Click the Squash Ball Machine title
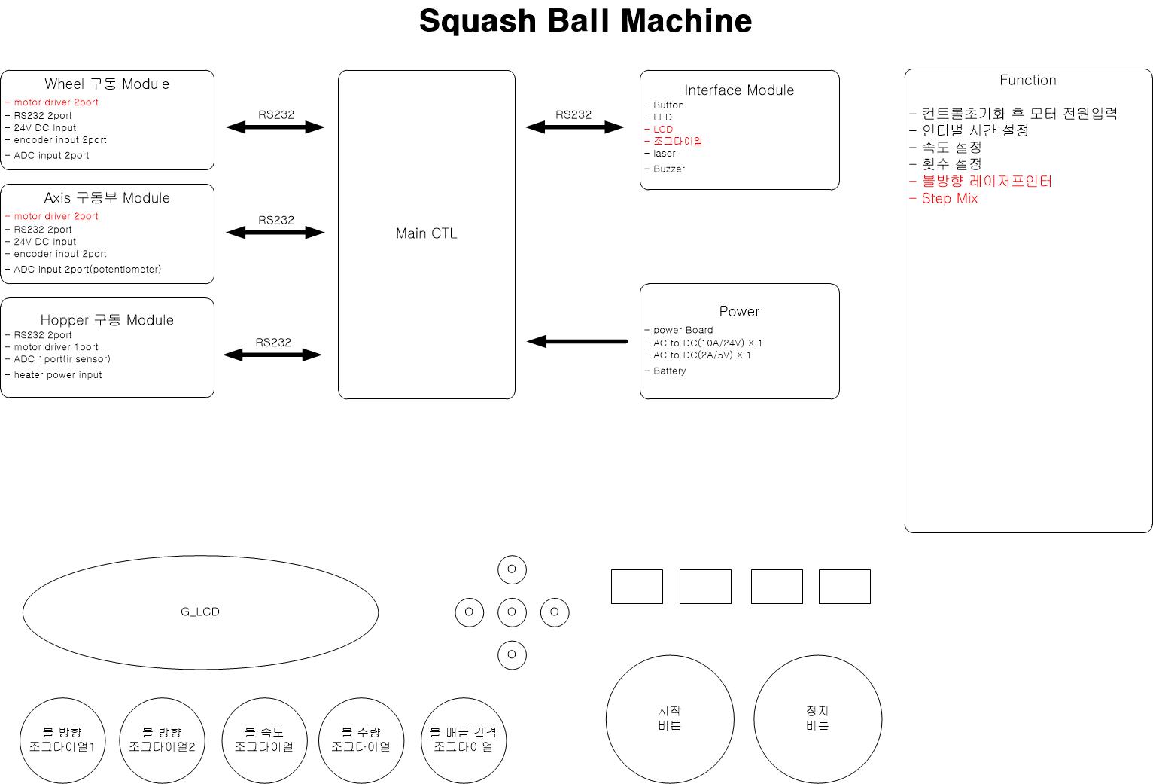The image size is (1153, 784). pos(586,21)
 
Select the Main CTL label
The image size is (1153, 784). pos(426,233)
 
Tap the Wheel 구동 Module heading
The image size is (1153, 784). pos(107,84)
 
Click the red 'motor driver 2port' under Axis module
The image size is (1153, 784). pos(56,216)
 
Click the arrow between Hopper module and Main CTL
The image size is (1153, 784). pos(272,355)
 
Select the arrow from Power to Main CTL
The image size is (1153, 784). pos(577,341)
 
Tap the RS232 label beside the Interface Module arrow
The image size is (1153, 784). pos(573,115)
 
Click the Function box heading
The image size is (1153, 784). pos(1027,81)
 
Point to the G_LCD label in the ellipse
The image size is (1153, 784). pos(199,612)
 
